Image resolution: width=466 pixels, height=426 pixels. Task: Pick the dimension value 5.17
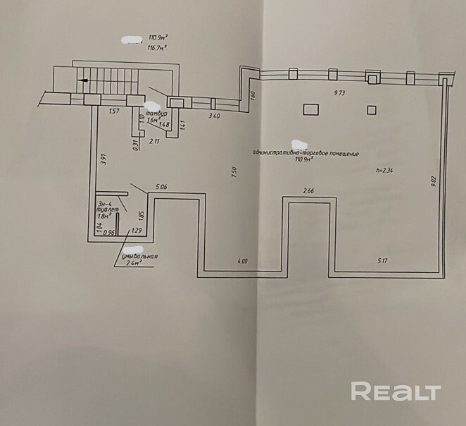click(x=383, y=261)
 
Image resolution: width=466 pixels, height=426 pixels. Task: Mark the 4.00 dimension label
click(x=242, y=261)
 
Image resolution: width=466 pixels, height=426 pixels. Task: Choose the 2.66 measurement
click(x=308, y=190)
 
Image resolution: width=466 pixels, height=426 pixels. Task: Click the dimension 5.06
click(x=158, y=187)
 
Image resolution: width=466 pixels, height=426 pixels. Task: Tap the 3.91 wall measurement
click(x=103, y=159)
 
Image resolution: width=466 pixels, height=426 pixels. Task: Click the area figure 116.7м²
click(x=156, y=49)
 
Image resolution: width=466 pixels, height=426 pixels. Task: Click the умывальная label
click(x=138, y=256)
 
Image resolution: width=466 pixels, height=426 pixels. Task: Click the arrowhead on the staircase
click(x=84, y=80)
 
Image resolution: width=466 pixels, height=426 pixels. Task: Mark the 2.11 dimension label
click(x=155, y=141)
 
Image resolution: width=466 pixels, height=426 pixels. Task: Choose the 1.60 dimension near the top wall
click(x=251, y=95)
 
